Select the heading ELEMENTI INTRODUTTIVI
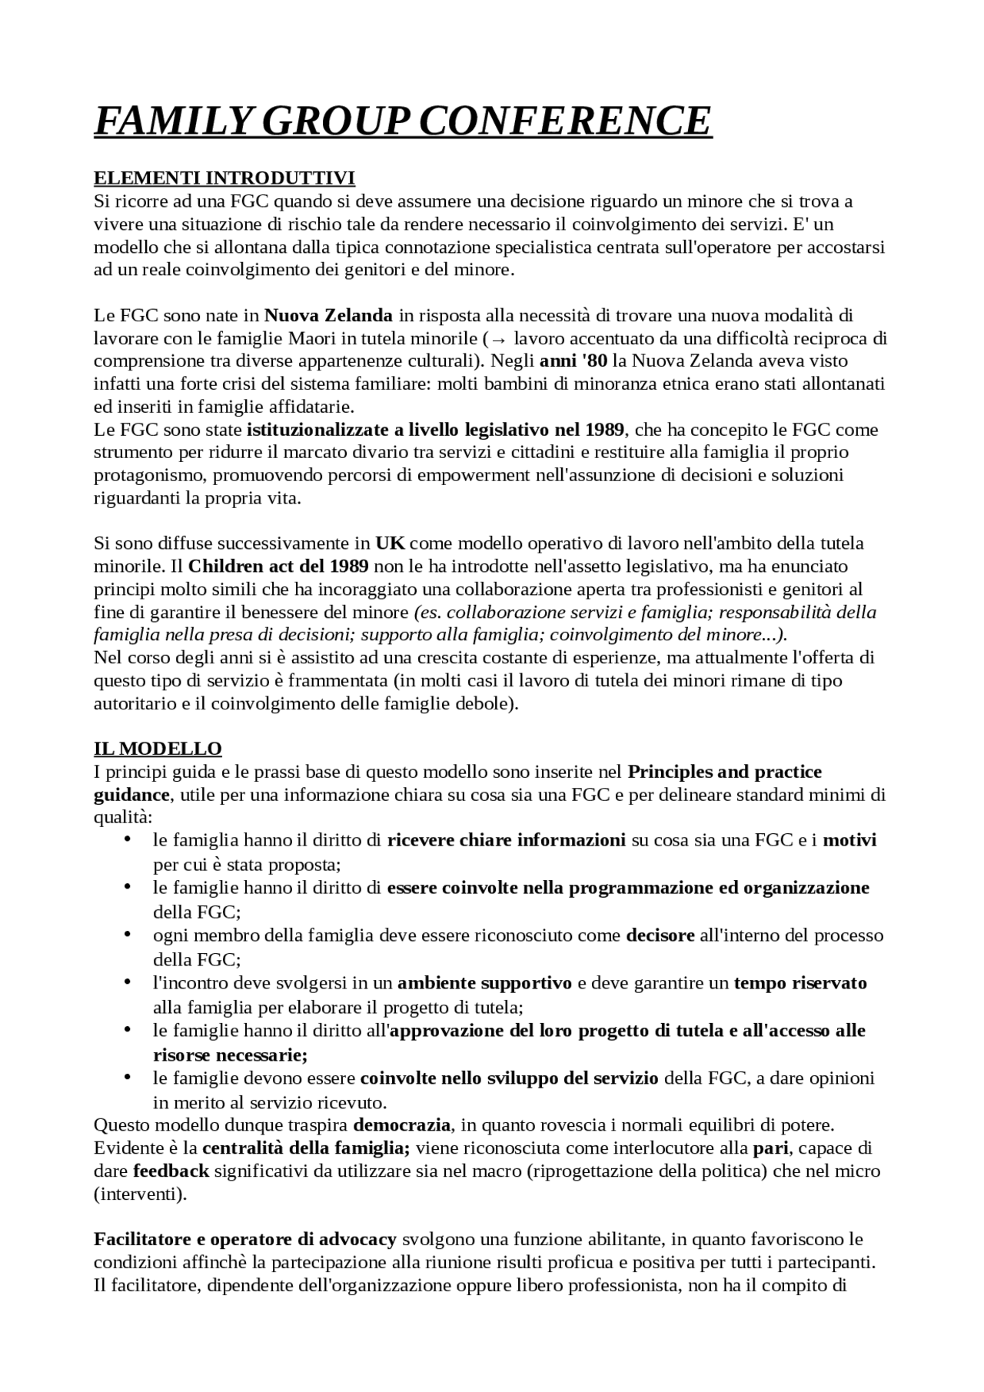coord(224,178)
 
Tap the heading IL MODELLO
coord(158,749)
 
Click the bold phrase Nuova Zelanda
coord(328,315)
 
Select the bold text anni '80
coord(573,361)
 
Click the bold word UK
coord(390,543)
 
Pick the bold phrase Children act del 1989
coord(278,566)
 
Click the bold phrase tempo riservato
coord(800,983)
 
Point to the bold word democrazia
coord(401,1125)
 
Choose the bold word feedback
coord(171,1171)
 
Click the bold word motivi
coord(849,840)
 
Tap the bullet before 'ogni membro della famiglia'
coord(128,934)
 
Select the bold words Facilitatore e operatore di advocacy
coord(245,1239)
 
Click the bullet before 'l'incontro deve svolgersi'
coord(128,982)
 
